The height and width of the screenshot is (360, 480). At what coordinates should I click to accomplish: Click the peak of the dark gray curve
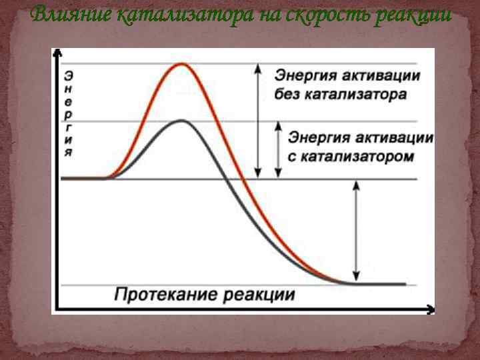pyautogui.click(x=181, y=121)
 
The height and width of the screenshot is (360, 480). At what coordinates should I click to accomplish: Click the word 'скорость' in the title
pyautogui.click(x=320, y=15)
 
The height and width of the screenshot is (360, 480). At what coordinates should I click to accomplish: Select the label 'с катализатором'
pyautogui.click(x=351, y=157)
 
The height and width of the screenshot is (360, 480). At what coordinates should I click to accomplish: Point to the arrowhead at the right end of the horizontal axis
pyautogui.click(x=430, y=309)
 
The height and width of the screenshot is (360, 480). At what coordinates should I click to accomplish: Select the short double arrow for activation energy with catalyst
pyautogui.click(x=279, y=149)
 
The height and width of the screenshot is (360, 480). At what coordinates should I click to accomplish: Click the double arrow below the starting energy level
pyautogui.click(x=356, y=231)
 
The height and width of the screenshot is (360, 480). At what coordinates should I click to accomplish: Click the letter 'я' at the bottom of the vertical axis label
pyautogui.click(x=69, y=151)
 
